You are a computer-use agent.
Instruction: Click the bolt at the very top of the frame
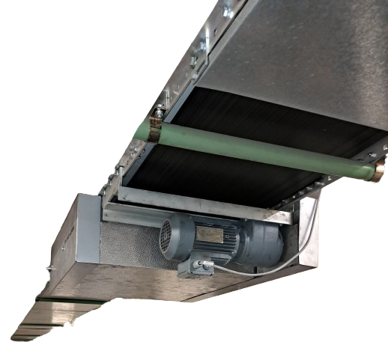(x=227, y=11)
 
